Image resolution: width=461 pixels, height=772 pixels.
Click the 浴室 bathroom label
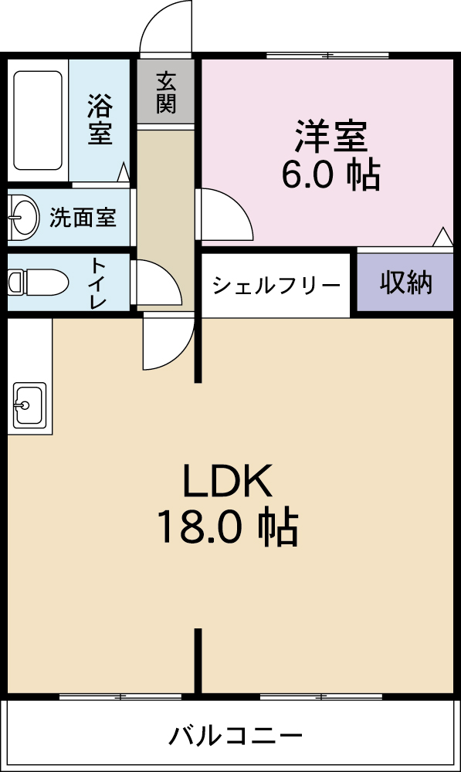100,119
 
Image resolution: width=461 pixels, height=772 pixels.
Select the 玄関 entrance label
166,92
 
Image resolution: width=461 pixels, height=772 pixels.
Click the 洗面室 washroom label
83,218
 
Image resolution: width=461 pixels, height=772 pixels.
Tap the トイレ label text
98,283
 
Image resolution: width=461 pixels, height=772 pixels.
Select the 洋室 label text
330,137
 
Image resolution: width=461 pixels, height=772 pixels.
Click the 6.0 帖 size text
330,175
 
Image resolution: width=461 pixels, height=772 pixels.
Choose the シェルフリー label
276,286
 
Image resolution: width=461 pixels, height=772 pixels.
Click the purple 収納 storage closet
405,283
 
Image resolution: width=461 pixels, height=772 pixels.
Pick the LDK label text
227,482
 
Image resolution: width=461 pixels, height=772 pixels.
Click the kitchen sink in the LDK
28,404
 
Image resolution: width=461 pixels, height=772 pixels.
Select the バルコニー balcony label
236,735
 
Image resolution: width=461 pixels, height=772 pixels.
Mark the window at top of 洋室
327,56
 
